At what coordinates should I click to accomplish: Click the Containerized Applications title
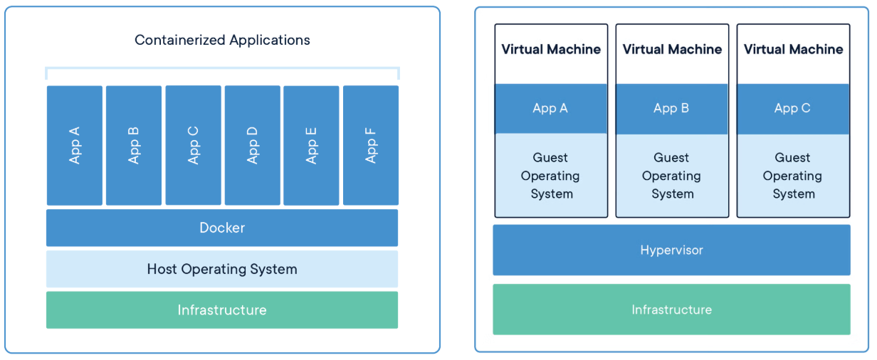coord(222,40)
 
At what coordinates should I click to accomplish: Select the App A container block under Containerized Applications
coord(75,145)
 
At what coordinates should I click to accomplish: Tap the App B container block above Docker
coord(134,145)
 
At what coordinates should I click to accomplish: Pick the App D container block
coord(252,145)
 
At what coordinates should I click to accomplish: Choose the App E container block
coord(311,145)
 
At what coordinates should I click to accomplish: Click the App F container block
coord(370,145)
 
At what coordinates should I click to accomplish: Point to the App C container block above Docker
coord(193,145)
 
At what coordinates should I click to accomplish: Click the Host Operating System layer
coord(222,269)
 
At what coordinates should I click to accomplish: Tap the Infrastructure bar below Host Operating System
coord(222,310)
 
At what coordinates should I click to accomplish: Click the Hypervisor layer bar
coord(671,250)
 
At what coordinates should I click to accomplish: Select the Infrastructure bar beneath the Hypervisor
coord(671,309)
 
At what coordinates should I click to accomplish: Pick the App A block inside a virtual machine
coord(551,108)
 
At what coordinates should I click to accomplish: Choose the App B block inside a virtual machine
coord(672,108)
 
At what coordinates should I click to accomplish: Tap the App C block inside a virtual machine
coord(793,108)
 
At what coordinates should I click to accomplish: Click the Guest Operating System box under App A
coord(551,176)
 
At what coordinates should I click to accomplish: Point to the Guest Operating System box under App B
coord(672,176)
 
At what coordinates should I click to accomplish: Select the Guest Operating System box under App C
coord(793,176)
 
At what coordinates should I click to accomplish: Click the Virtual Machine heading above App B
coord(672,49)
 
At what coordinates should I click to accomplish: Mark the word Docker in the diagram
coord(222,228)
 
